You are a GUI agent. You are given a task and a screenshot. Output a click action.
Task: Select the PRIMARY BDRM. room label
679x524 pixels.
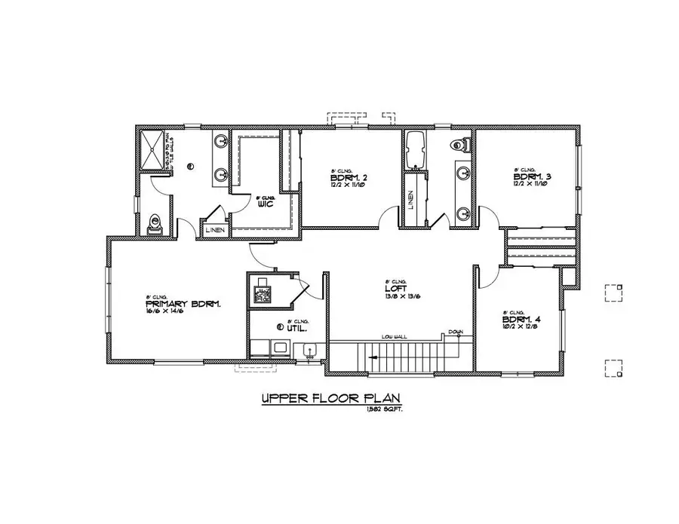[x=183, y=304]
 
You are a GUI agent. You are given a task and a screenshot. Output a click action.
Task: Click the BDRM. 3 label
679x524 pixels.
[x=530, y=177]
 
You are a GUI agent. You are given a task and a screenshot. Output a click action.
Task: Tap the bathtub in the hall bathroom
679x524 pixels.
[x=416, y=150]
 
